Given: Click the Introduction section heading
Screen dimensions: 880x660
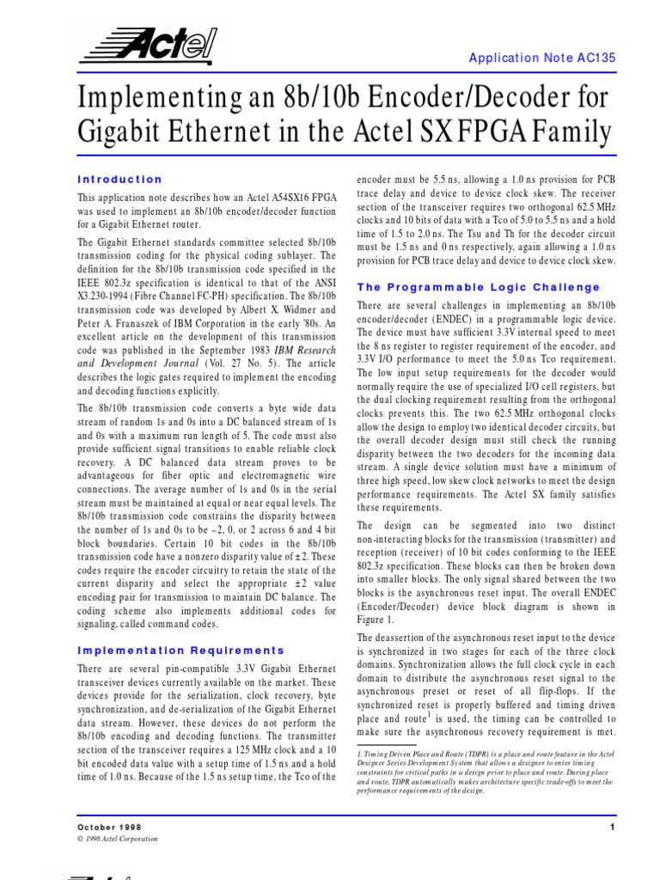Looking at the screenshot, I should [119, 180].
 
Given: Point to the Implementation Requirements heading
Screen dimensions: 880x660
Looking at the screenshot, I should [180, 651].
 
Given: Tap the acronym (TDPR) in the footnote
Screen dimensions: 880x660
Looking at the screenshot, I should [504, 753].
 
